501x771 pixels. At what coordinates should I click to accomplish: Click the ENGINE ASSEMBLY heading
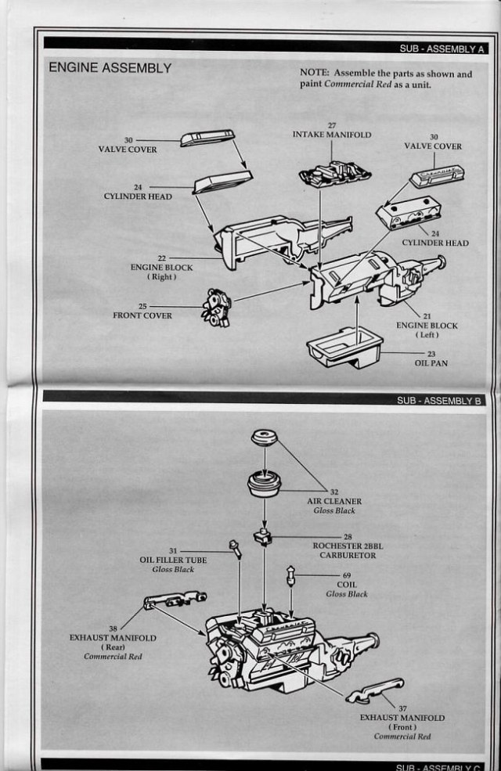click(x=110, y=68)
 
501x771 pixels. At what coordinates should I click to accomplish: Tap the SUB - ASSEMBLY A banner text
click(x=442, y=49)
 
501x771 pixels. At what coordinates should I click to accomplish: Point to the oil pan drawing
click(x=344, y=346)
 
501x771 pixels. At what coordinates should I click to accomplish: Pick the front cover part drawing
click(x=215, y=307)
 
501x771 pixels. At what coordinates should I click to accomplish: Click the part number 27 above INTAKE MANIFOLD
click(x=332, y=125)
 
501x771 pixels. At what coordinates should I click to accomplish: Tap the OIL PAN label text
click(x=430, y=363)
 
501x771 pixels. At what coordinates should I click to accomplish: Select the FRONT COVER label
click(x=142, y=316)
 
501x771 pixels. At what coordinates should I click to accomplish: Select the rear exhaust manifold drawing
click(x=175, y=600)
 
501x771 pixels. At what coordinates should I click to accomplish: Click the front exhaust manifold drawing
click(x=373, y=690)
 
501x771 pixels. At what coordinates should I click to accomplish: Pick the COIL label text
click(x=346, y=585)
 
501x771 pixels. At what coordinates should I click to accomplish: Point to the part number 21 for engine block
click(x=427, y=316)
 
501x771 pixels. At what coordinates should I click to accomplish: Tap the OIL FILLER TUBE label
click(x=173, y=560)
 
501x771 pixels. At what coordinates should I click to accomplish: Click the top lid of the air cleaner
click(x=264, y=438)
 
